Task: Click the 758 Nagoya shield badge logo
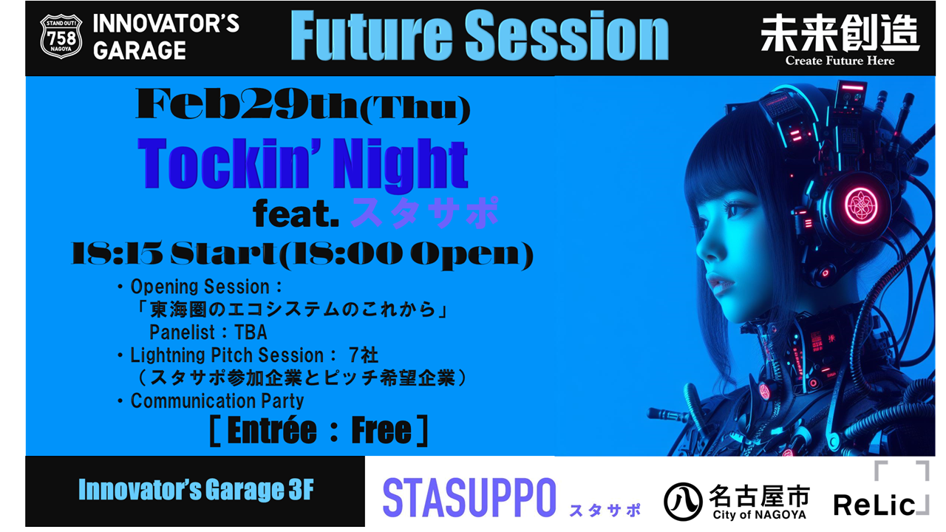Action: click(x=61, y=36)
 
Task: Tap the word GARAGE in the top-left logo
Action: click(x=140, y=50)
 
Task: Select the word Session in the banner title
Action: click(x=567, y=36)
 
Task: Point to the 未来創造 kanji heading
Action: click(x=840, y=33)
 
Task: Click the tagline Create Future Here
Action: click(x=840, y=61)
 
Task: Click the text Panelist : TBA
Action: click(x=208, y=332)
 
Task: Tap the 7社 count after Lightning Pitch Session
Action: click(x=363, y=355)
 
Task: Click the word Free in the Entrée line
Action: click(x=381, y=431)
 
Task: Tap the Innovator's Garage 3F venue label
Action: click(x=196, y=490)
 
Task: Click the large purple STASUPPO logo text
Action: click(x=469, y=497)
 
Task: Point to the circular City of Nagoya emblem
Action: click(x=683, y=502)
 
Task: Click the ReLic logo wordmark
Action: click(x=874, y=505)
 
